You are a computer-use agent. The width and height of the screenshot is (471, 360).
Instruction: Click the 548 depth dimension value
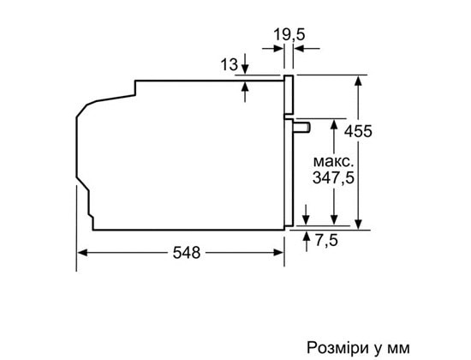tap(187, 253)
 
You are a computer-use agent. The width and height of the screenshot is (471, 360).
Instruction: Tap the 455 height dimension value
tap(358, 131)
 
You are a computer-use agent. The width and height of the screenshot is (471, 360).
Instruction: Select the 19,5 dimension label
tap(289, 34)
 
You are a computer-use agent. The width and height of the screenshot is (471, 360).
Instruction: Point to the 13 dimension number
tap(230, 64)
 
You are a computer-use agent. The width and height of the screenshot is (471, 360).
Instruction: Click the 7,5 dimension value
tap(326, 240)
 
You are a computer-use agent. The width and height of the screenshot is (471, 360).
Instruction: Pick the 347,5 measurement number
tap(333, 177)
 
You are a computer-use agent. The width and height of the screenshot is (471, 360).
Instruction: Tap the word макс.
tap(332, 162)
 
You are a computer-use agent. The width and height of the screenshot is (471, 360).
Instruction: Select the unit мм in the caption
tap(399, 349)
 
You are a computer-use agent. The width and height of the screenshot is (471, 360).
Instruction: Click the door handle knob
tap(302, 127)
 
